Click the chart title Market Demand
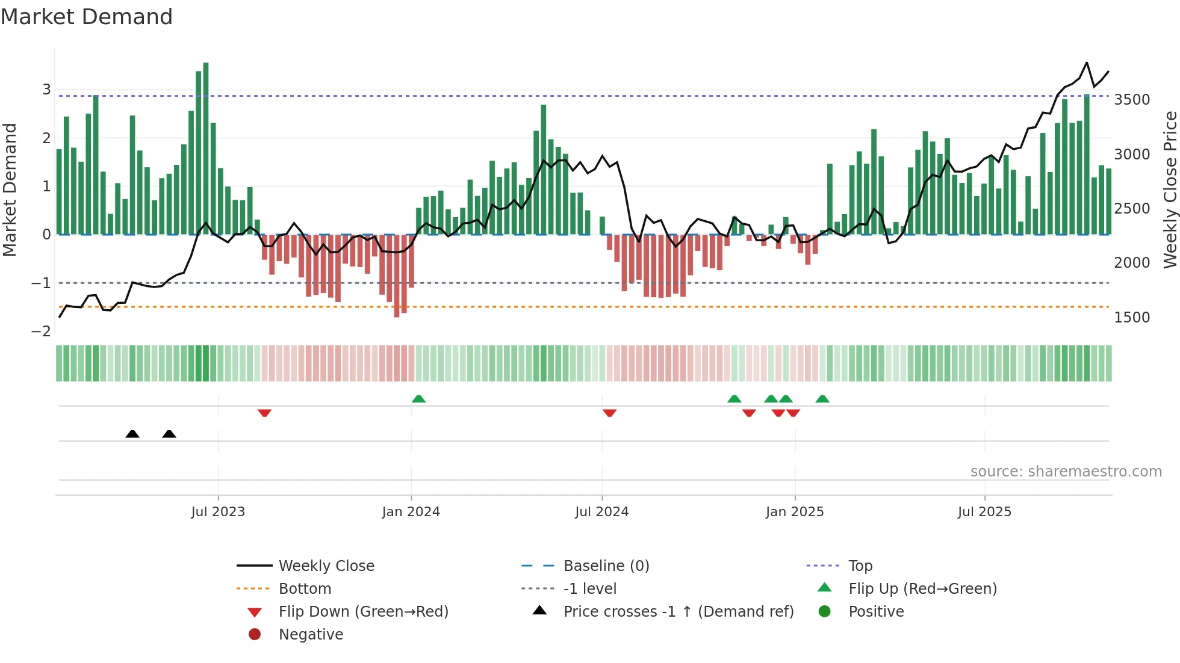click(x=87, y=17)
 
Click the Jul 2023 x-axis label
click(x=218, y=512)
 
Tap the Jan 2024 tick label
click(x=411, y=512)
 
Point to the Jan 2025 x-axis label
click(x=795, y=512)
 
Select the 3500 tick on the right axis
click(x=1132, y=100)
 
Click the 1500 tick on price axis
click(x=1132, y=318)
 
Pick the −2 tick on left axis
click(x=41, y=331)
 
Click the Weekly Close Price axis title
click(x=1170, y=190)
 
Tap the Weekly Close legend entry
click(x=326, y=566)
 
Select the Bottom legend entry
click(x=305, y=589)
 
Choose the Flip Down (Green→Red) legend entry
click(x=363, y=612)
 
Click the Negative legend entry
click(x=311, y=635)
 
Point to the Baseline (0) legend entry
click(x=606, y=566)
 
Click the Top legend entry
click(x=860, y=566)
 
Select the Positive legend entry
click(x=876, y=612)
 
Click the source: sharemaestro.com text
click(x=1066, y=472)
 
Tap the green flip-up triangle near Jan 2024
click(x=418, y=399)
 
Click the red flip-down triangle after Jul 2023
click(x=264, y=413)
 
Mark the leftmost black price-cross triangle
click(x=132, y=434)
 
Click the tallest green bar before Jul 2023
click(x=206, y=148)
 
